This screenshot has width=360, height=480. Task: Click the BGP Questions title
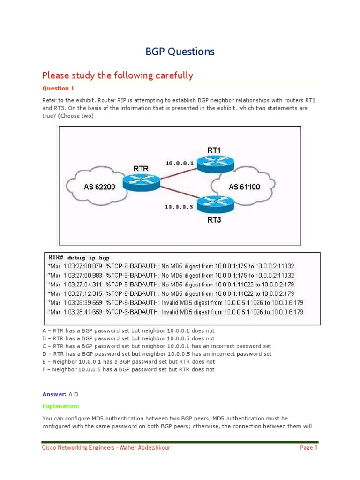tap(180, 52)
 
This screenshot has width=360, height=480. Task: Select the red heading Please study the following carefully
tap(117, 75)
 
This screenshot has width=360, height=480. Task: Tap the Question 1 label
tap(58, 88)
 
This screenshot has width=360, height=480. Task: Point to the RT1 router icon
tap(214, 163)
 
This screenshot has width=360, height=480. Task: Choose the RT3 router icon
tap(214, 204)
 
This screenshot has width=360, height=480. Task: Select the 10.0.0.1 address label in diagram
tap(179, 163)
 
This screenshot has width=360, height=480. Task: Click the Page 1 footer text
tap(309, 448)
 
